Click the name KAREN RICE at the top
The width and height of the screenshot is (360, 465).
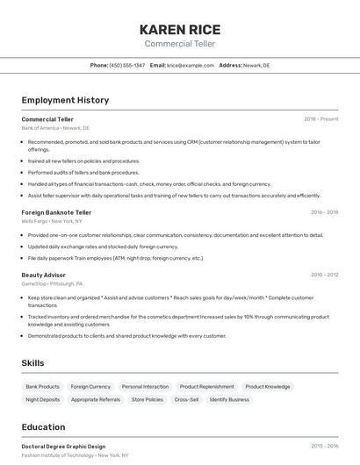pyautogui.click(x=179, y=29)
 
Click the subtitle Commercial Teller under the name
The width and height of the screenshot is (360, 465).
pyautogui.click(x=179, y=44)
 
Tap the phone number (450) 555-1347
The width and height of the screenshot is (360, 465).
pyautogui.click(x=127, y=66)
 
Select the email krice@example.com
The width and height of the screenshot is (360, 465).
pyautogui.click(x=191, y=66)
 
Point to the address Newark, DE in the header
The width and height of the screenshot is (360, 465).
pyautogui.click(x=256, y=66)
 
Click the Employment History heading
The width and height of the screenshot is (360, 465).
pyautogui.click(x=65, y=100)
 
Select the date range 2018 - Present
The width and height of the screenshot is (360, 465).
pyautogui.click(x=320, y=119)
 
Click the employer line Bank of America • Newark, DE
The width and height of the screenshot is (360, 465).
pyautogui.click(x=55, y=128)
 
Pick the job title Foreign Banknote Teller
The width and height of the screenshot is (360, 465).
pyautogui.click(x=56, y=212)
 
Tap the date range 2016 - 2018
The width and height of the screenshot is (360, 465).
pyautogui.click(x=324, y=212)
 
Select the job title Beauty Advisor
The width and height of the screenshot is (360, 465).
pyautogui.click(x=44, y=275)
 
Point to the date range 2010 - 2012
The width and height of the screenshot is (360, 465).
pyautogui.click(x=324, y=275)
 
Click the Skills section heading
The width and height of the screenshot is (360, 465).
pyautogui.click(x=32, y=363)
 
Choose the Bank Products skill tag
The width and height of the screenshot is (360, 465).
pyautogui.click(x=43, y=387)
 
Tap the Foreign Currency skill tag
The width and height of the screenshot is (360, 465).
pyautogui.click(x=90, y=387)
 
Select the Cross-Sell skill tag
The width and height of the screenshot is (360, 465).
pyautogui.click(x=186, y=399)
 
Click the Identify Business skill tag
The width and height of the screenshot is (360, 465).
pyautogui.click(x=229, y=399)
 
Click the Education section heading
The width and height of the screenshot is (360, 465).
pyautogui.click(x=43, y=427)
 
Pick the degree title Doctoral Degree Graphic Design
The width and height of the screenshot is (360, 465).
pyautogui.click(x=63, y=447)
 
